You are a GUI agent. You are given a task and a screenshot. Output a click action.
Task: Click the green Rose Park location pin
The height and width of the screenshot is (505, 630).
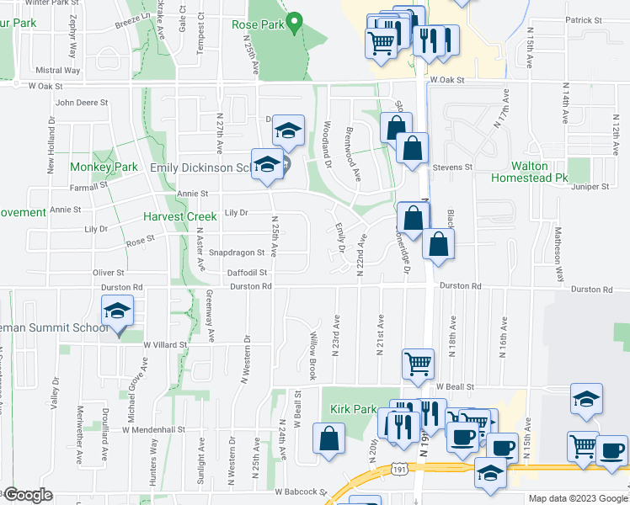tap(294, 23)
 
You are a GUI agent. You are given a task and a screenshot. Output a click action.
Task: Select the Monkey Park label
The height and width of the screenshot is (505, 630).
tap(104, 167)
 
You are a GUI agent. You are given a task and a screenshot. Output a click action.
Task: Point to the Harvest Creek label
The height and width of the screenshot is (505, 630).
tap(179, 216)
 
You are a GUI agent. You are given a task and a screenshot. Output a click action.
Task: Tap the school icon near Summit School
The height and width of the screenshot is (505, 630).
tap(117, 312)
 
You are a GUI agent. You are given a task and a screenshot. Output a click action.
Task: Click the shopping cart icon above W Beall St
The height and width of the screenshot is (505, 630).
tap(419, 364)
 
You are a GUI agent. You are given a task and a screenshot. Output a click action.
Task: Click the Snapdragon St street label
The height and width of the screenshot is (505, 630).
tap(237, 252)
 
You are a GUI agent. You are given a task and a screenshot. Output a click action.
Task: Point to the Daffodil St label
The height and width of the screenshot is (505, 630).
tap(247, 273)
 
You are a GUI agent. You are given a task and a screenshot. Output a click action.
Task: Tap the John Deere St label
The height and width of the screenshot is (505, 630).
tap(82, 104)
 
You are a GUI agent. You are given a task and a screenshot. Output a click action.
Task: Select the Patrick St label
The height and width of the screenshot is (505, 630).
tap(585, 19)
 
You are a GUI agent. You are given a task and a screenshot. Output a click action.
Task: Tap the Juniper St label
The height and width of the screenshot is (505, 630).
tap(590, 187)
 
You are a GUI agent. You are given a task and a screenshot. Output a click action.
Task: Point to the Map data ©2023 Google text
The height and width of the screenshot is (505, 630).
tap(577, 498)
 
